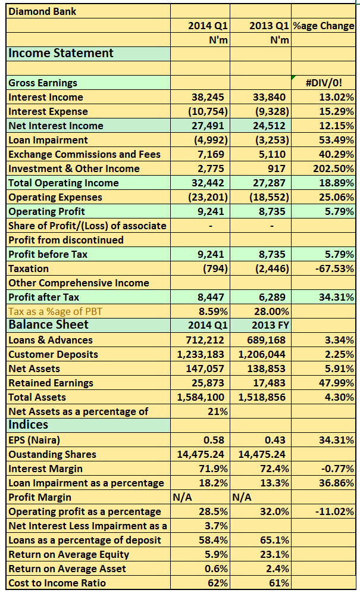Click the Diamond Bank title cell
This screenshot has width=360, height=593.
click(x=43, y=11)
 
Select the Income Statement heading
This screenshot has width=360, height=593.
click(x=61, y=53)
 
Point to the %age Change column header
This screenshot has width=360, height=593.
click(x=324, y=26)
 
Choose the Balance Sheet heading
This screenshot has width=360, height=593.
click(x=48, y=324)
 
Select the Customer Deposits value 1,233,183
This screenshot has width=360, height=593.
click(x=202, y=354)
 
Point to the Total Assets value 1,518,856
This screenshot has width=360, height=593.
click(x=262, y=397)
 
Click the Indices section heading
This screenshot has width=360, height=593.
click(x=29, y=425)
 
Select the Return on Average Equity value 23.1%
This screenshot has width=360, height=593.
click(x=274, y=554)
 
